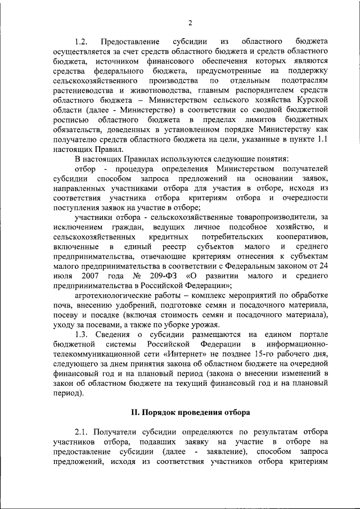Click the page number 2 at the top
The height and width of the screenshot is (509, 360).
(x=190, y=23)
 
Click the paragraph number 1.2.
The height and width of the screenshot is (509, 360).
(x=82, y=42)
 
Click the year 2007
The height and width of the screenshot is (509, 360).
(x=90, y=276)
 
